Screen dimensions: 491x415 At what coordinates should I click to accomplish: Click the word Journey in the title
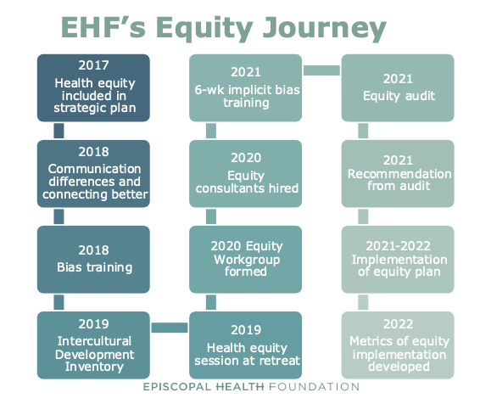325,28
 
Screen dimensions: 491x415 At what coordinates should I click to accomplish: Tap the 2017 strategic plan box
93,87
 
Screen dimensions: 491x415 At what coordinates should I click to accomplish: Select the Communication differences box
93,174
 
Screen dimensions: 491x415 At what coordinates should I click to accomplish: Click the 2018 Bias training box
93,260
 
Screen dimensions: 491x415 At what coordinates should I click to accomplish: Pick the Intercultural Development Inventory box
93,345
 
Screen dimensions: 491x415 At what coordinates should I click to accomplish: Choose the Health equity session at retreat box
246,345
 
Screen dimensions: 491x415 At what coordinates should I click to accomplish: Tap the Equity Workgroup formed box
246,260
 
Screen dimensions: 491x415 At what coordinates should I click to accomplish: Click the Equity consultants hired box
246,174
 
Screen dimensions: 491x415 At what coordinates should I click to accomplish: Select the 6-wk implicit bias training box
246,87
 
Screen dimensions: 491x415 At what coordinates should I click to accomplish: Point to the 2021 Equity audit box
398,87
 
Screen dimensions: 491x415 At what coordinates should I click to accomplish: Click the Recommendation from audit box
398,174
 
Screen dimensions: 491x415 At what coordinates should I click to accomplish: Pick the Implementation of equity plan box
398,260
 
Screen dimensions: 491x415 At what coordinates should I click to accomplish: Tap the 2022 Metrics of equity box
398,345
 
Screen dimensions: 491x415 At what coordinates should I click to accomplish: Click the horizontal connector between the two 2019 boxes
170,328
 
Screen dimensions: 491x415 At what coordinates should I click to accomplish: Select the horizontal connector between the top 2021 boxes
321,70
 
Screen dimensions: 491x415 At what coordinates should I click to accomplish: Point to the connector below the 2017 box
59,131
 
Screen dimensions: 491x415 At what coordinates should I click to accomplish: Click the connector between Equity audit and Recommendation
363,131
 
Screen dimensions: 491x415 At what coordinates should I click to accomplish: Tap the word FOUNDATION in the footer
314,387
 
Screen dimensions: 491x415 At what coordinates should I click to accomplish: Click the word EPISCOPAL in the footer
177,387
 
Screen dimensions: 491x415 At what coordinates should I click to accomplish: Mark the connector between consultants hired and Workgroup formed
211,216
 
